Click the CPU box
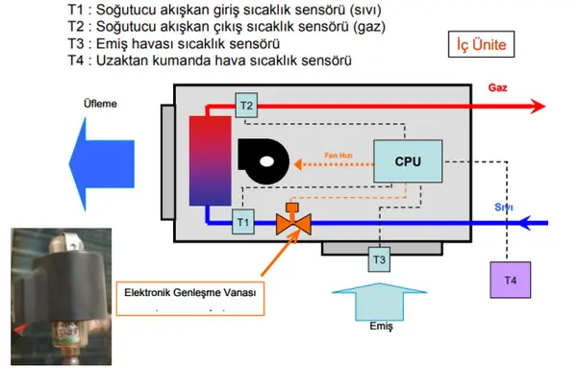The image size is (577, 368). [x=408, y=161]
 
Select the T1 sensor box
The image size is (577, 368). [x=244, y=222]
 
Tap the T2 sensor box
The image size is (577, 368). [x=246, y=105]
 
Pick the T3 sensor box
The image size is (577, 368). [x=379, y=258]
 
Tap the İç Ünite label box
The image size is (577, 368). [x=482, y=43]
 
